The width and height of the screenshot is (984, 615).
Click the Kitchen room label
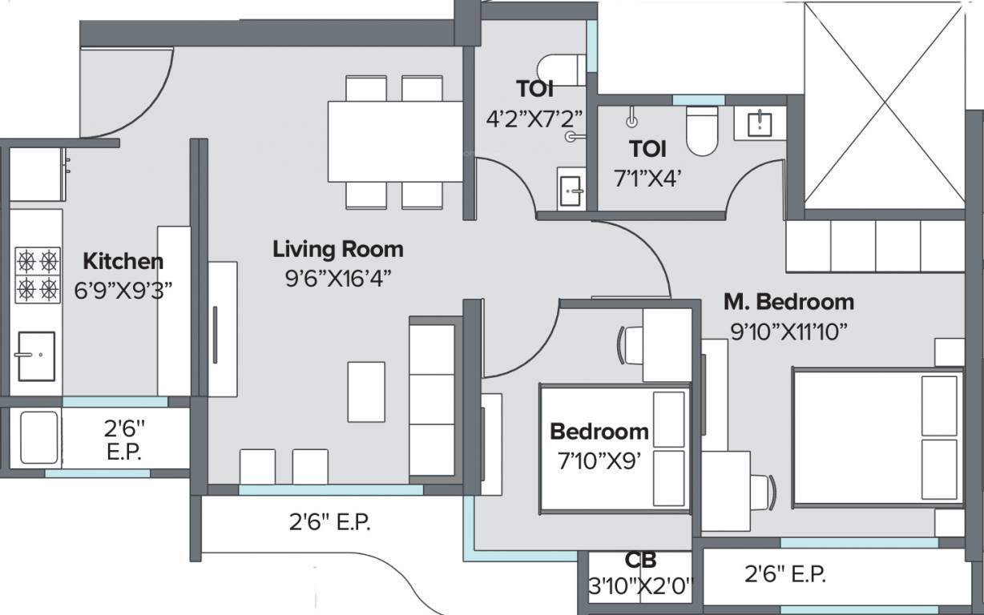[123, 261]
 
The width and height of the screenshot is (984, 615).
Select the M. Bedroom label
[788, 302]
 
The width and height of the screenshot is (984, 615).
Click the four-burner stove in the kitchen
[38, 273]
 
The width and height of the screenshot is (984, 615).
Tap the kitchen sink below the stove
[36, 356]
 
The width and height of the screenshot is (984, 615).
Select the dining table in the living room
[396, 142]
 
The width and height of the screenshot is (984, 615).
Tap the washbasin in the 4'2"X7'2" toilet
[571, 190]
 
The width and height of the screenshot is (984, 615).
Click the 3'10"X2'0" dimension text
[640, 586]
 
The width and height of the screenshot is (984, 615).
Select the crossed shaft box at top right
[883, 104]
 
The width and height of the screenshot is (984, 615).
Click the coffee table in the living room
[365, 388]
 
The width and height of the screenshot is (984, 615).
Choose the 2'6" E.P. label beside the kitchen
[123, 440]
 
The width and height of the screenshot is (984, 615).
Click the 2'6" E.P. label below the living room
[329, 523]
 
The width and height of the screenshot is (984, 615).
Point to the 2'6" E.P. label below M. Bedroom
[784, 573]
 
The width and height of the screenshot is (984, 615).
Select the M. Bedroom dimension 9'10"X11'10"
[788, 330]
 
